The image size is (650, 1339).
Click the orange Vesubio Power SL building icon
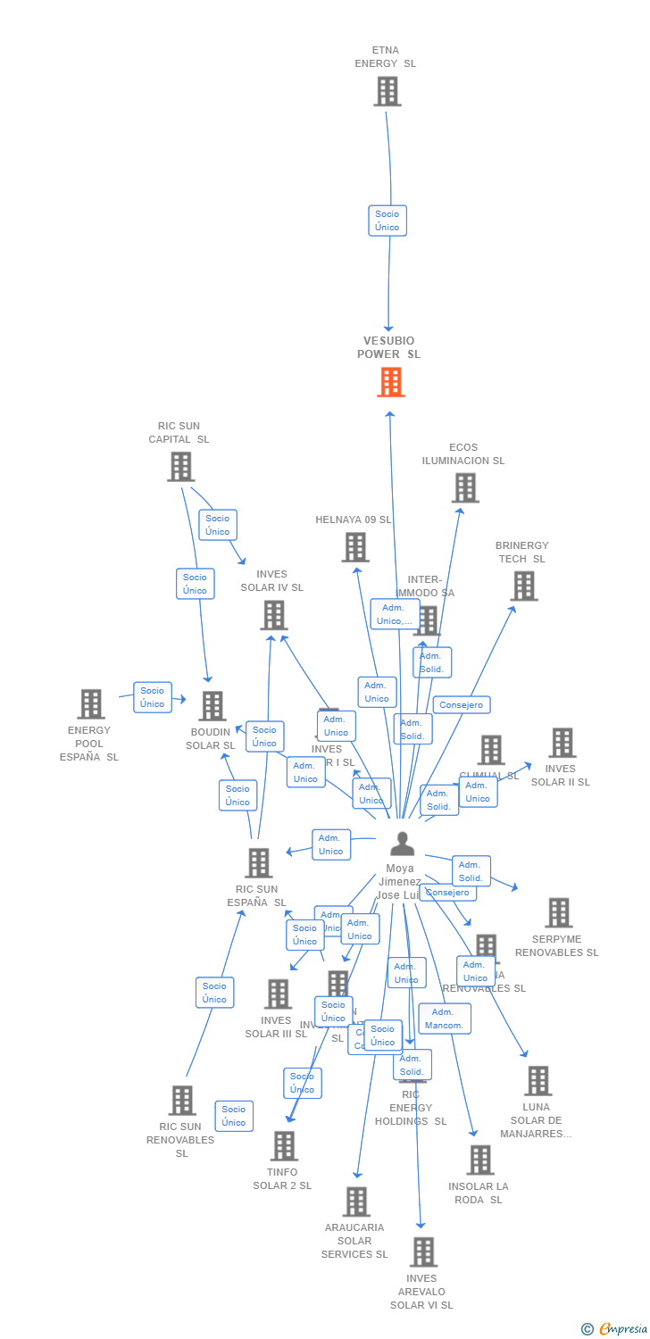click(390, 382)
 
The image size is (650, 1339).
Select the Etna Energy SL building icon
click(387, 91)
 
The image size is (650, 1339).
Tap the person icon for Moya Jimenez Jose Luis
click(403, 844)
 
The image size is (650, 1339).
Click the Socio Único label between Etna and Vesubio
click(387, 220)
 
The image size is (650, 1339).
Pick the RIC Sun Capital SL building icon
click(180, 466)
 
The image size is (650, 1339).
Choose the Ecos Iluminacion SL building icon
click(465, 487)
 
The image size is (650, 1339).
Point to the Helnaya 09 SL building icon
click(355, 547)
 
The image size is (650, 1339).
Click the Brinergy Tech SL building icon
click(524, 586)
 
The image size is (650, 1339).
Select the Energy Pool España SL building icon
click(90, 703)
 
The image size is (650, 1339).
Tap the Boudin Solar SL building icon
click(212, 705)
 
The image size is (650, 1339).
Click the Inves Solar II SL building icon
click(562, 742)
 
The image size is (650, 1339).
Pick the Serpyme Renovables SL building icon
click(559, 912)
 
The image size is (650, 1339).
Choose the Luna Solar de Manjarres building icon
click(537, 1080)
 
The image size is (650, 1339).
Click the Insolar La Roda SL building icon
click(480, 1160)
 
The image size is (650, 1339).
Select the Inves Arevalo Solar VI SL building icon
click(423, 1252)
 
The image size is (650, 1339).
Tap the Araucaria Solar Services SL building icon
click(356, 1202)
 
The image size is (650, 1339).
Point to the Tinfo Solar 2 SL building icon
click(284, 1145)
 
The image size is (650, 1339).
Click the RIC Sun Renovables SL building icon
click(182, 1100)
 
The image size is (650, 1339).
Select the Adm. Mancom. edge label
click(444, 1019)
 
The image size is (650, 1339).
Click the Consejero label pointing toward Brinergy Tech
click(462, 705)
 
